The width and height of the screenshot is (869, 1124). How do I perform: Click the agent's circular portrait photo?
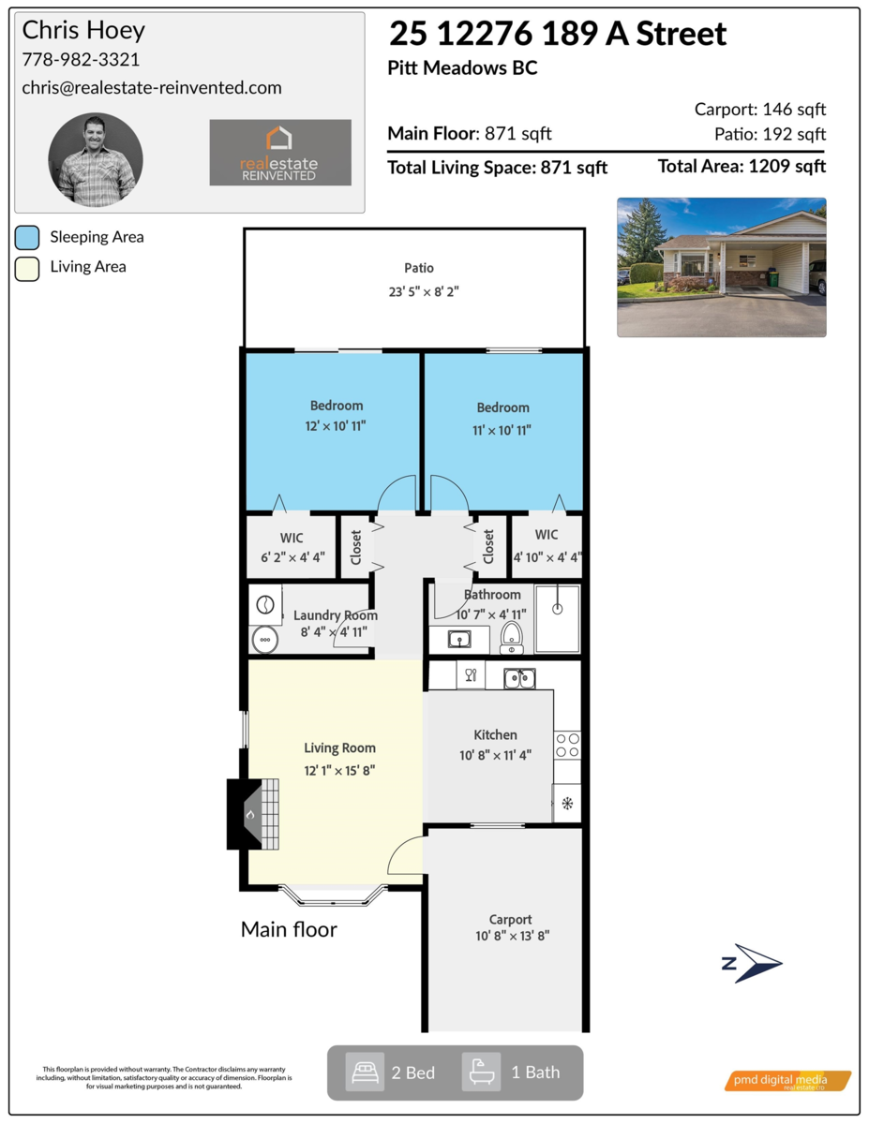95,160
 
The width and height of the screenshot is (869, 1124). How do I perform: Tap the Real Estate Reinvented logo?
280,152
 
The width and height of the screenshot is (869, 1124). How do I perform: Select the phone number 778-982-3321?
81,60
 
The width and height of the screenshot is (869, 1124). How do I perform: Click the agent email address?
152,87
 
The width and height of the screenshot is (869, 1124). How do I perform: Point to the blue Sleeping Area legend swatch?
27,237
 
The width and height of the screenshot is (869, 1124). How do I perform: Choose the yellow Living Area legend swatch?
27,267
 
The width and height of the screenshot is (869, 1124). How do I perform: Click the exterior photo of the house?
721,267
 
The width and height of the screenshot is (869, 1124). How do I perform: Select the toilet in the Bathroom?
512,637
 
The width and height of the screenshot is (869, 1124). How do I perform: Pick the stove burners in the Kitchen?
567,745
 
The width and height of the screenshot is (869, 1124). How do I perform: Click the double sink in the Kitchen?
518,677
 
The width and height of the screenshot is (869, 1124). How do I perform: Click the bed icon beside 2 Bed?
365,1072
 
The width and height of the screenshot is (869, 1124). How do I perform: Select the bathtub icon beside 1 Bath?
481,1072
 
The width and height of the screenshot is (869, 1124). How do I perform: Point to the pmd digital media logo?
787,1081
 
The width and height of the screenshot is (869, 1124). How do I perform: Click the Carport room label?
510,920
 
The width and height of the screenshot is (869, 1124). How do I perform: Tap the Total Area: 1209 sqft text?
742,167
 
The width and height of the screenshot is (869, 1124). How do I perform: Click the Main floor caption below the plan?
289,929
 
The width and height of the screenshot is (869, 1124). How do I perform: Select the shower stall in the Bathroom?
557,618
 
